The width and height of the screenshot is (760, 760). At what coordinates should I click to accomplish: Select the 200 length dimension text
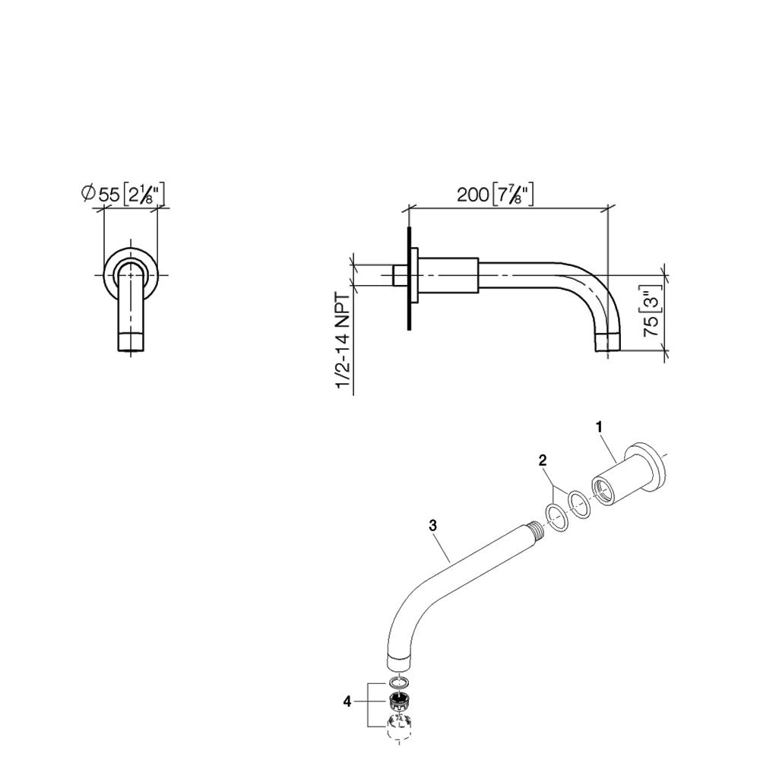click(495, 194)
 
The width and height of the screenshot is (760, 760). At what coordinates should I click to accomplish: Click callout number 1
click(600, 428)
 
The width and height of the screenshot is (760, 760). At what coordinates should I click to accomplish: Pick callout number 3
click(432, 524)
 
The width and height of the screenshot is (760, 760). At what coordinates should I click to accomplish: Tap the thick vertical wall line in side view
click(409, 278)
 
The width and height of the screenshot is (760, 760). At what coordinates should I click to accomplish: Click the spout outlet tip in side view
click(608, 344)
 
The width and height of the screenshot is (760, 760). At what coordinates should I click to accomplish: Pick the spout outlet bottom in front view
click(131, 344)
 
